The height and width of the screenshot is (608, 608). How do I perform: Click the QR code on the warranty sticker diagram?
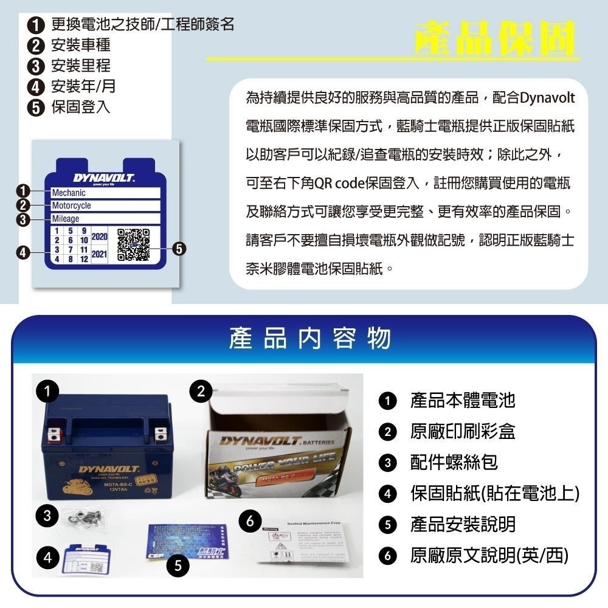pyautogui.click(x=133, y=244)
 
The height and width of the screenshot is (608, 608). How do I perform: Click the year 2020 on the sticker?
pyautogui.click(x=99, y=236)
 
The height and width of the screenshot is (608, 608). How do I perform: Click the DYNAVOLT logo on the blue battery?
pyautogui.click(x=100, y=470)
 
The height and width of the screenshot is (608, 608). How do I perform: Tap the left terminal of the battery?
pyautogui.click(x=54, y=434)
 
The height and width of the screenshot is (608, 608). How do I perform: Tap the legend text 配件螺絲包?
pyautogui.click(x=454, y=462)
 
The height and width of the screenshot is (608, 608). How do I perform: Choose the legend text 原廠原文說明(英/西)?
pyautogui.click(x=489, y=555)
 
